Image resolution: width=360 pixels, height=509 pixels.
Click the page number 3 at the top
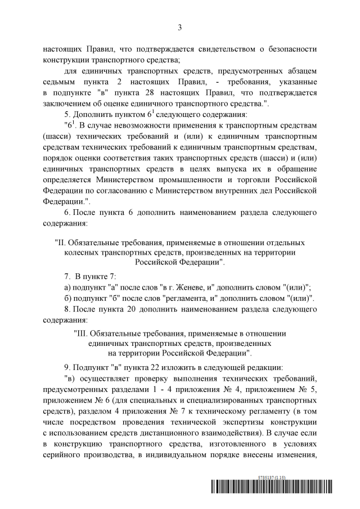point(180,26)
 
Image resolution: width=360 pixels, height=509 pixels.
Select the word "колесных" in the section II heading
point(83,253)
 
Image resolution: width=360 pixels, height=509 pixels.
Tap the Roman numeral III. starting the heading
point(82,333)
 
